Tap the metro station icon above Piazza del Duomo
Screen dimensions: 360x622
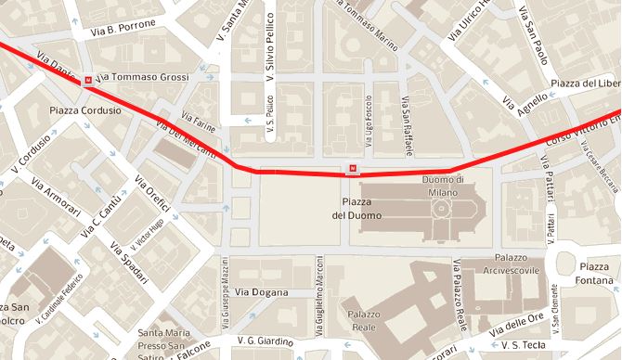(352, 169)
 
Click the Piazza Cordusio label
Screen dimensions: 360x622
(86, 110)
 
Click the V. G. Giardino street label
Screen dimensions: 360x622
(265, 341)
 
